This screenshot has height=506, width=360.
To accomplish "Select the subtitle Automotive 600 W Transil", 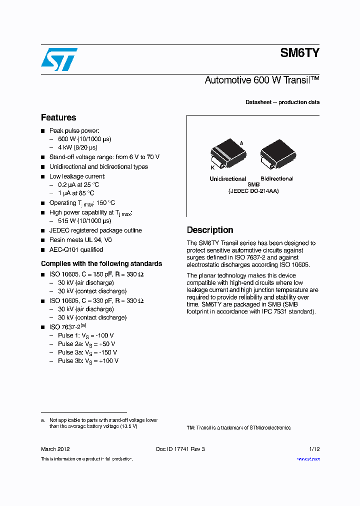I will pyautogui.click(x=261, y=80).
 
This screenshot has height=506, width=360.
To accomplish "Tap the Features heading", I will pyautogui.click(x=58, y=118).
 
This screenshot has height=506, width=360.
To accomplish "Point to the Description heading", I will pyautogui.click(x=210, y=230).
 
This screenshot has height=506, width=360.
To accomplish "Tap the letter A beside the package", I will pyautogui.click(x=241, y=143).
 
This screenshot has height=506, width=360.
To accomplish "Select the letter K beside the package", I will pyautogui.click(x=212, y=168).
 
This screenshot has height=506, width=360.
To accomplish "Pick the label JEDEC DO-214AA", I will pyautogui.click(x=253, y=191).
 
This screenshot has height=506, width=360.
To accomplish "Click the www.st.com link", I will pyautogui.click(x=308, y=459).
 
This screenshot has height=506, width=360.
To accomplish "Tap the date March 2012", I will pyautogui.click(x=55, y=449).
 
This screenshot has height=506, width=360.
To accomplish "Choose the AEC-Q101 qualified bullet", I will pyautogui.click(x=76, y=249).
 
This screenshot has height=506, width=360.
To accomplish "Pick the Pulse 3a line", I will pyautogui.click(x=87, y=352).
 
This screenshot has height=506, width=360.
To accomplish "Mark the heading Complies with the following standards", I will pyautogui.click(x=101, y=263).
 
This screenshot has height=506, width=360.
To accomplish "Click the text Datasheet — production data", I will pyautogui.click(x=282, y=102).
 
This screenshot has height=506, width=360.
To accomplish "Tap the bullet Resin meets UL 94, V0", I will pyautogui.click(x=80, y=240).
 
